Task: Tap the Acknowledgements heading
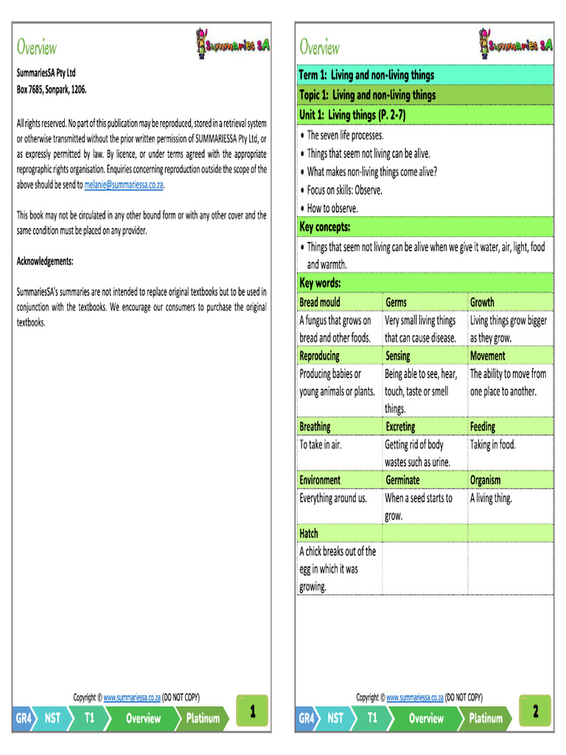(45, 261)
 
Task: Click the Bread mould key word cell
(320, 302)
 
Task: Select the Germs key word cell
(396, 302)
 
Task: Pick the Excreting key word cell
(400, 427)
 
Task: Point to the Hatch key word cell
(309, 533)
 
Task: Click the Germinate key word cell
(402, 480)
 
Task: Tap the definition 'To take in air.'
(321, 445)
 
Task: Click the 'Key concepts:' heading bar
(325, 226)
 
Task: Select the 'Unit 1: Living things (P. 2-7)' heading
(352, 115)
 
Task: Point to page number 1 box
(253, 712)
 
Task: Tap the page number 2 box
(536, 712)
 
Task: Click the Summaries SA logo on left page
(233, 45)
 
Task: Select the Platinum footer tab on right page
(486, 718)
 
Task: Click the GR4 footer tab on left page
(24, 718)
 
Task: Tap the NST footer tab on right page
(335, 718)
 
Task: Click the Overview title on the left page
(37, 48)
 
